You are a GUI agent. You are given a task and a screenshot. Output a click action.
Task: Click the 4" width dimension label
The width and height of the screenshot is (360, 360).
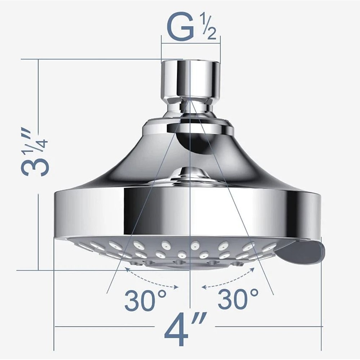(x=183, y=330)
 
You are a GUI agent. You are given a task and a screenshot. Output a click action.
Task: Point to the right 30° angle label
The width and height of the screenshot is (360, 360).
(x=238, y=299)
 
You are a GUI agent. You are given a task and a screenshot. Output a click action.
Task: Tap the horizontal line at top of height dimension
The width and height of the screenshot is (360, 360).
(x=90, y=59)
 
